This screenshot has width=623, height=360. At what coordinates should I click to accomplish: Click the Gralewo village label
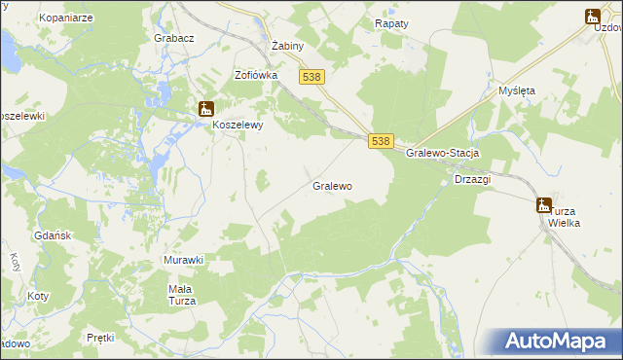point(332,185)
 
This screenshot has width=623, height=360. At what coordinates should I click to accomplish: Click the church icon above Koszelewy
point(206,110)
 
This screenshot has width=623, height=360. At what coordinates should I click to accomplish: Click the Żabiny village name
point(289,46)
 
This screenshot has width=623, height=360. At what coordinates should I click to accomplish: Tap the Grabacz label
point(174,38)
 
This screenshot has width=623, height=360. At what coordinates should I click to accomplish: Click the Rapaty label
point(392,21)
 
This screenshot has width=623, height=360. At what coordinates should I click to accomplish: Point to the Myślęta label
point(517,90)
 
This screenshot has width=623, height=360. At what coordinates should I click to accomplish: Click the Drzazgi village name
point(472,180)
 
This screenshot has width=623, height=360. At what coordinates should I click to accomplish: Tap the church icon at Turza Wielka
point(543,204)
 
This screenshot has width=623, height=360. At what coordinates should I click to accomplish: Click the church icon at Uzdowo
point(592,16)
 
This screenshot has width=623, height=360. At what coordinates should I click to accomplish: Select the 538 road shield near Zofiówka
point(311,77)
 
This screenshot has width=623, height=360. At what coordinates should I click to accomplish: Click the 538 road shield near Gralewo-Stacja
point(381,141)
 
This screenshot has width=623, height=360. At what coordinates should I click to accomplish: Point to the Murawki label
point(182,260)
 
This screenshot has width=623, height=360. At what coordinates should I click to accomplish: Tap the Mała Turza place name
point(182,295)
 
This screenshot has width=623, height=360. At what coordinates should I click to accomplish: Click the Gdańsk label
point(49,236)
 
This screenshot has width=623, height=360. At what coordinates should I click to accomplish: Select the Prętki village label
point(100,338)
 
